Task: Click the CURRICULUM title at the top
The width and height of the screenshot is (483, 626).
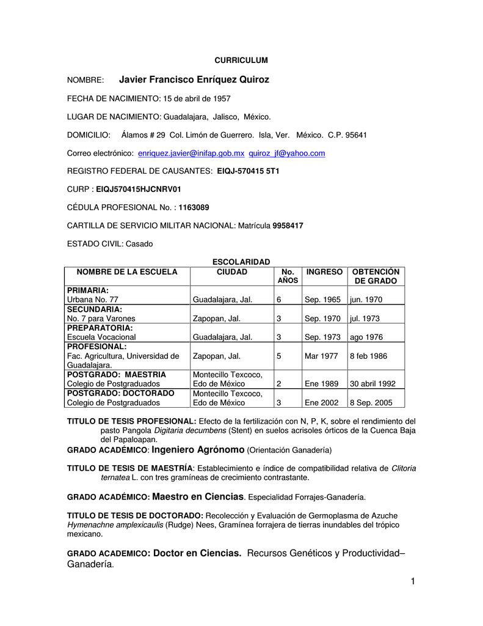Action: point(241,60)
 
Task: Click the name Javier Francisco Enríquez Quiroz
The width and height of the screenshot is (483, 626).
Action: point(194,79)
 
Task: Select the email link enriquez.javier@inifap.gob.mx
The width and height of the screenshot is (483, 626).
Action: point(191,153)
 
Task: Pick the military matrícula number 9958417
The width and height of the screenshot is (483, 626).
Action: point(288,226)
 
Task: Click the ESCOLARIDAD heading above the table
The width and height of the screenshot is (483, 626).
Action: point(241,262)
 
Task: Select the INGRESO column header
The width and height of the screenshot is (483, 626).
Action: point(324,272)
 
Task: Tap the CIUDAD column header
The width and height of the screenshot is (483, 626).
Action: point(232,272)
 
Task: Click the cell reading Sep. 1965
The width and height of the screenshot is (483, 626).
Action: point(322,300)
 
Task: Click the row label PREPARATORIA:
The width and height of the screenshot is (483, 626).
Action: point(100,328)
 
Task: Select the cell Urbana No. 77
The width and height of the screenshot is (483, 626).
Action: point(92,300)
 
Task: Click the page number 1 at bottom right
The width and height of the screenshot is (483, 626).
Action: point(413,581)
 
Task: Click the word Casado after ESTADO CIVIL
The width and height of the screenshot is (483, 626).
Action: point(139,244)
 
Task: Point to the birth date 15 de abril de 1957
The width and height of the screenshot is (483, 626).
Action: point(197,98)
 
